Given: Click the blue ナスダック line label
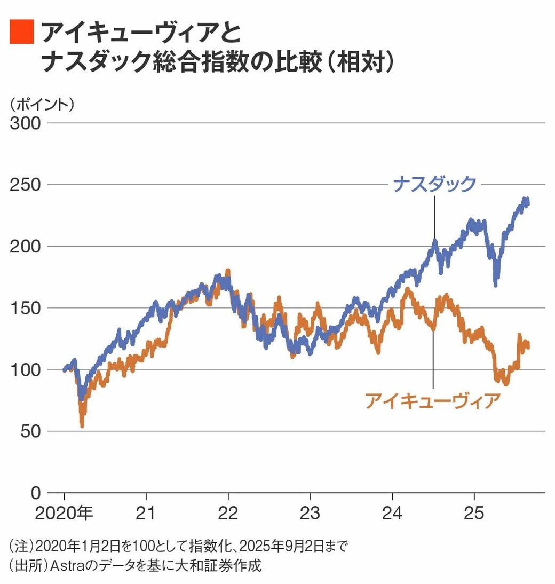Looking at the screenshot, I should coord(434,184).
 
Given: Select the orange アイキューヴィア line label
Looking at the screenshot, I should coord(432,400).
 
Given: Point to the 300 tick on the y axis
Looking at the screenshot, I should coord(26,123).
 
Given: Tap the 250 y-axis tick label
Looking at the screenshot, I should coord(26,185).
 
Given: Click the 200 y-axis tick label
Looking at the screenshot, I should coord(26,246).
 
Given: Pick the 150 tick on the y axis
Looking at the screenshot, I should coord(26,308).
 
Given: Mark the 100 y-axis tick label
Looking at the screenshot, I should coord(26,369).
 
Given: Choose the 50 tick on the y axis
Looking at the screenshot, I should coord(30,431).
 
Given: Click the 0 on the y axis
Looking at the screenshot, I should coord(35,493).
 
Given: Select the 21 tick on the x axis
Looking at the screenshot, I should coord(146,514).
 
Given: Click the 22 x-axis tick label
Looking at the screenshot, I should coord(228,514).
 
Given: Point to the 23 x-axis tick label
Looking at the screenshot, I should coord(310,514).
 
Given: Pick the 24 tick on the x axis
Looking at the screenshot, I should coord(392,514).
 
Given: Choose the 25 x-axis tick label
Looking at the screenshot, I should coord(474,514).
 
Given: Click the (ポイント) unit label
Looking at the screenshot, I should coord(42,104).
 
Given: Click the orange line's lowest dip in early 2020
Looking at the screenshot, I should coord(82,425).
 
